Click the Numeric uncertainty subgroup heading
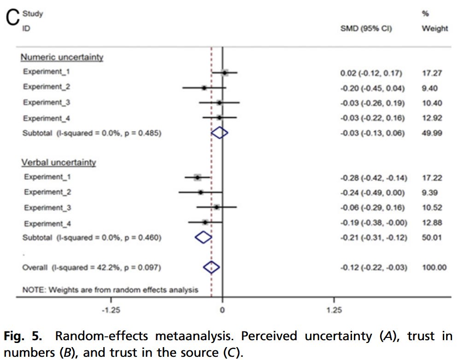point(61,57)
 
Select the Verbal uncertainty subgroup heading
point(58,162)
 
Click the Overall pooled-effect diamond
point(211,267)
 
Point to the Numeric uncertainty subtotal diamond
point(219,133)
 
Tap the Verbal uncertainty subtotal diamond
point(203,237)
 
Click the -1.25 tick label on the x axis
point(111,310)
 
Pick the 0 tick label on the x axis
point(222,310)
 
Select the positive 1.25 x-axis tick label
point(334,310)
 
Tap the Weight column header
point(435,29)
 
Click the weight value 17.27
point(432,73)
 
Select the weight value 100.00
point(434,267)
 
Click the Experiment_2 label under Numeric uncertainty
point(47,87)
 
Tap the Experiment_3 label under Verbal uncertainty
point(47,208)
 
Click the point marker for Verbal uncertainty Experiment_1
point(198,177)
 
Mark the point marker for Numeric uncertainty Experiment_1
point(224,72)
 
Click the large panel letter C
point(12,18)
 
